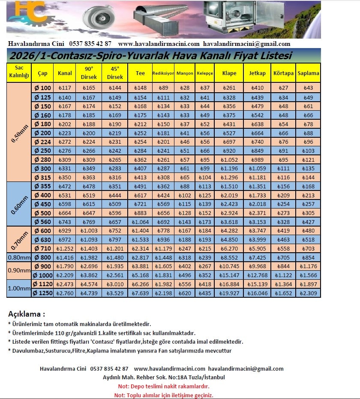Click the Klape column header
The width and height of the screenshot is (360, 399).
click(x=229, y=73)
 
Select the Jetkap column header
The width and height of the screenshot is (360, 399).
click(x=257, y=73)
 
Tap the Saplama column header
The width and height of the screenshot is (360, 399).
click(x=308, y=73)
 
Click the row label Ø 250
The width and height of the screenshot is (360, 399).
click(x=42, y=151)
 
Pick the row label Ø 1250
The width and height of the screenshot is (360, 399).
click(x=42, y=293)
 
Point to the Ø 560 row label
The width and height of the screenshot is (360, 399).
click(x=42, y=222)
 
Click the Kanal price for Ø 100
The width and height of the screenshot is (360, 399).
click(x=64, y=88)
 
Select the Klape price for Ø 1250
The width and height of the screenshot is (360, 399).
click(x=229, y=293)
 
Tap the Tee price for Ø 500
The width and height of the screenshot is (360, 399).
click(x=140, y=213)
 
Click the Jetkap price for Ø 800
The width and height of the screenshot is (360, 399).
click(x=257, y=257)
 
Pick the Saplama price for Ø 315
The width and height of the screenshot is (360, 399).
click(x=308, y=177)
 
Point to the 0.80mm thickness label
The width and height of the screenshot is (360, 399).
click(x=19, y=257)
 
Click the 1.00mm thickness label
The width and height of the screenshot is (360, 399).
click(x=19, y=289)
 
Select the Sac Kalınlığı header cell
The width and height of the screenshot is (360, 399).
click(x=19, y=73)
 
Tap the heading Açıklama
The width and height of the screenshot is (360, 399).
click(x=27, y=314)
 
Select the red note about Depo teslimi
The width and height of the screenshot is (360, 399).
click(x=163, y=386)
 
